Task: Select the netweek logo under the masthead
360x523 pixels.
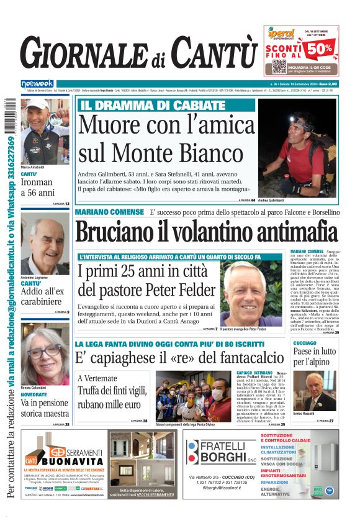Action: (37, 83)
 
